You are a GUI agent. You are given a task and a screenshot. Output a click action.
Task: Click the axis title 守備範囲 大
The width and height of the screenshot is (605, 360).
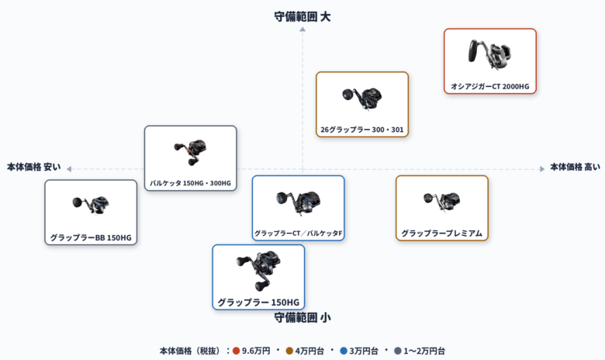pos(302,16)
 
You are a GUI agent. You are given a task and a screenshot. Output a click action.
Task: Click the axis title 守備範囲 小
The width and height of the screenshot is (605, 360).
pos(302,317)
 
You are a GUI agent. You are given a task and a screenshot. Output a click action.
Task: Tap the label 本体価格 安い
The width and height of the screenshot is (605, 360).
pos(34,167)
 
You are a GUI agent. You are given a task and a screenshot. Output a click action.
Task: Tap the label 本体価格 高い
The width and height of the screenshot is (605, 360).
pos(575,167)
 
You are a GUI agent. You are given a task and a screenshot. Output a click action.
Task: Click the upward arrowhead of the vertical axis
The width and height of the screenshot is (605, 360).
pos(302,29)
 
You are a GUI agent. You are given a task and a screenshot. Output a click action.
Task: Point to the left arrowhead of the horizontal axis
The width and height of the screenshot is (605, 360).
pos(69,169)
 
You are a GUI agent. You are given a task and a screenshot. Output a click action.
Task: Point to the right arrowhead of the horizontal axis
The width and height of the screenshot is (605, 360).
pos(542,169)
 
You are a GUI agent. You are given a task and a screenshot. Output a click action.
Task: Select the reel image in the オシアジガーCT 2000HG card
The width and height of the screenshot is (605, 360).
pos(489,54)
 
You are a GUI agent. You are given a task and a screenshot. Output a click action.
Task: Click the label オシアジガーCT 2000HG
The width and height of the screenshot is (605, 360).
pos(490,86)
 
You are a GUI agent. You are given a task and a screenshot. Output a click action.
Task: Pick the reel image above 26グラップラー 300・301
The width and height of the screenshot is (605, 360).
pos(362,98)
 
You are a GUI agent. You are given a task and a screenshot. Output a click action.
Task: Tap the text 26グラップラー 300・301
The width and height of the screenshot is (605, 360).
pos(362,130)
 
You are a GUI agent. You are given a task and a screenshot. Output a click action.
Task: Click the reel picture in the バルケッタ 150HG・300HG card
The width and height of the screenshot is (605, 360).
pos(190,152)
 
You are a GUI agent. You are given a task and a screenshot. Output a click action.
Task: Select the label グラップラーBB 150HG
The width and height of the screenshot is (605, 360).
pos(91,237)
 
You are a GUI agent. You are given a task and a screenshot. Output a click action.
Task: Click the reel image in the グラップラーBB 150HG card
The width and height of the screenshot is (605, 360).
pos(91,205)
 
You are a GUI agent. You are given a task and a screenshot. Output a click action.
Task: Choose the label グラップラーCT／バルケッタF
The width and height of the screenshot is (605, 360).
pos(299,234)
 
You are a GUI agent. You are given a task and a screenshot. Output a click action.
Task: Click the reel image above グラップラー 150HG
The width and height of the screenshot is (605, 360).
pos(258,271)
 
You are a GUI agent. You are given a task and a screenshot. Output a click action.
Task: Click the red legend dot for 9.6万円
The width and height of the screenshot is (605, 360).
pos(236,351)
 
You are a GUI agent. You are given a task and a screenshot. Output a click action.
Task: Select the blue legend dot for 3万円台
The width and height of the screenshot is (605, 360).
pos(344,351)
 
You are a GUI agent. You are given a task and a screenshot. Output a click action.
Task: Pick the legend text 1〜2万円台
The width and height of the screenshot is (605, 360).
pos(424,351)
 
